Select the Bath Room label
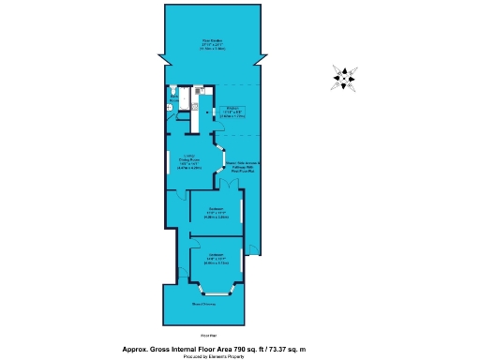[172, 97]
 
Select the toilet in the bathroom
[170, 108]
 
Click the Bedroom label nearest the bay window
[215, 258]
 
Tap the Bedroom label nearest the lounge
[215, 211]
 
